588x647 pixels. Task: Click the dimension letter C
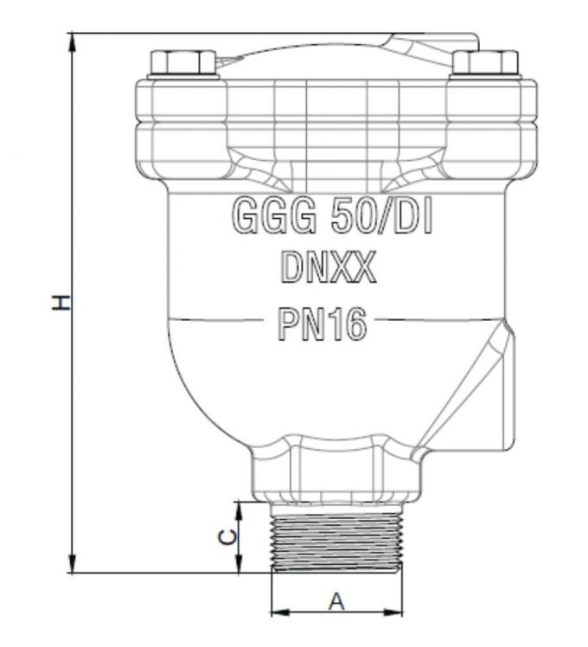(227, 536)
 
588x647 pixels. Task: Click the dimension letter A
(336, 601)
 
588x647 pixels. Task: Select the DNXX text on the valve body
(329, 270)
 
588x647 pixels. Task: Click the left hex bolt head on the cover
(182, 63)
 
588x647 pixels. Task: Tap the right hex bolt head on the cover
(486, 63)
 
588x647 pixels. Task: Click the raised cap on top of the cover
(432, 42)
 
